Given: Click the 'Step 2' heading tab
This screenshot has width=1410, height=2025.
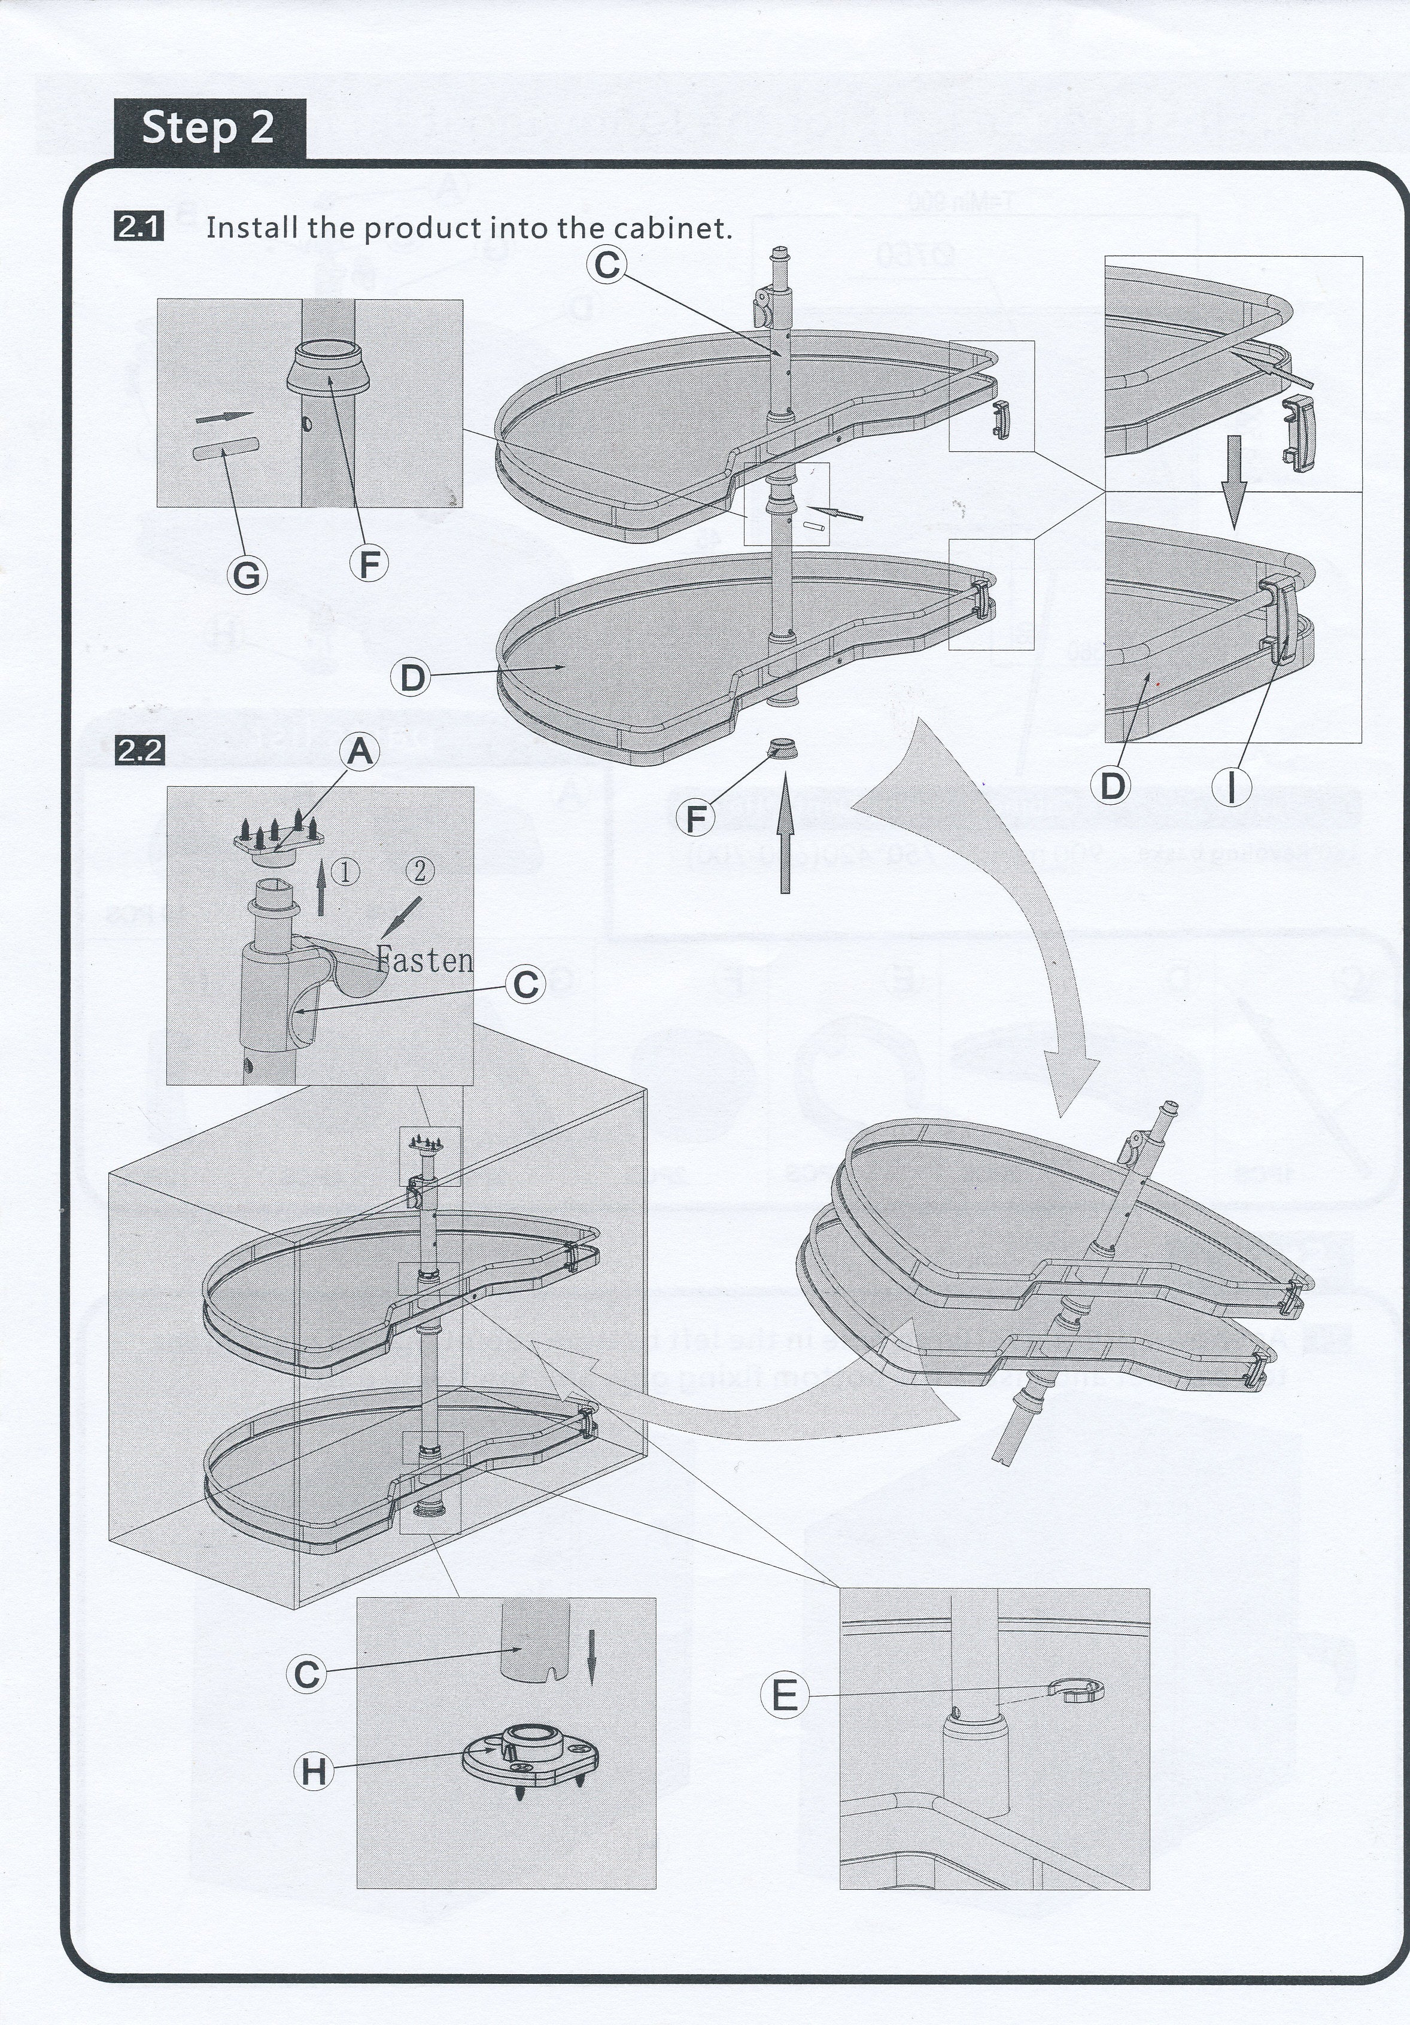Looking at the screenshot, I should point(208,129).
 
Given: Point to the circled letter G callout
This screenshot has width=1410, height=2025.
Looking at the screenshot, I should point(247,575).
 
